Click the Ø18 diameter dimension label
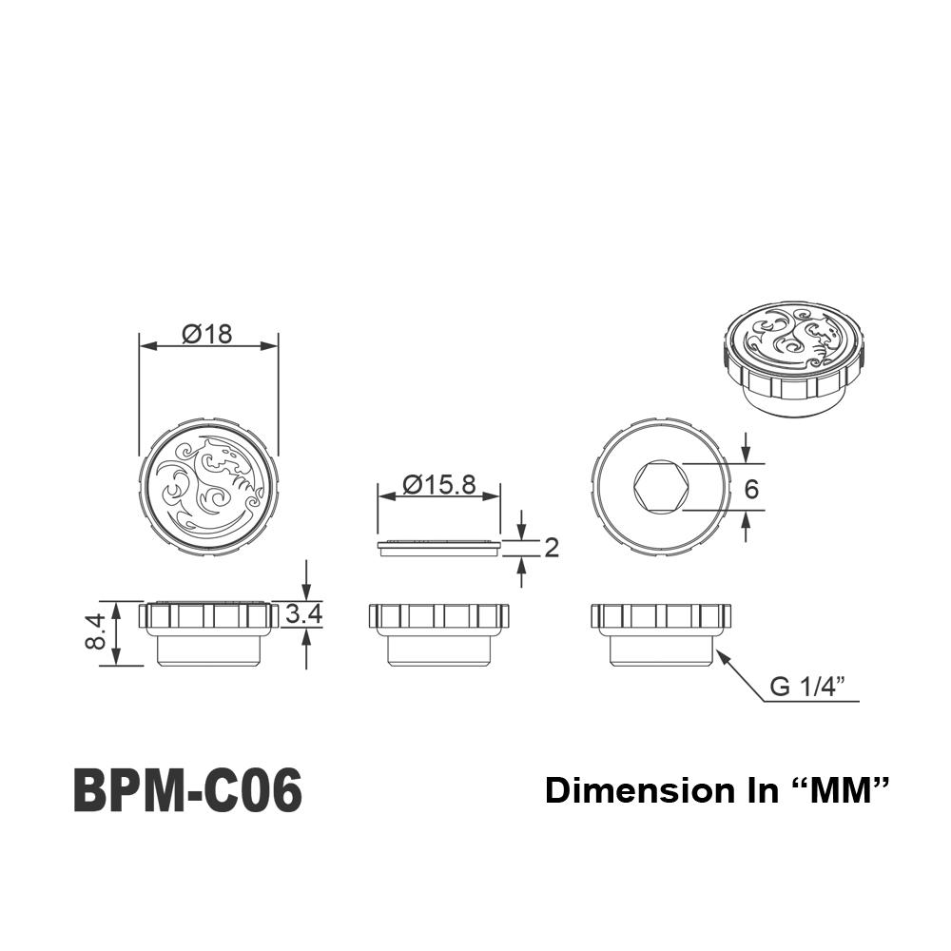[x=206, y=334]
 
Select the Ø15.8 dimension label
[x=439, y=484]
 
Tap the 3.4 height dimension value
[x=303, y=614]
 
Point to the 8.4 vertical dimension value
[x=96, y=631]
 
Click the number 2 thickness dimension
[x=552, y=548]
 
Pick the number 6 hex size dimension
[x=751, y=489]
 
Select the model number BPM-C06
[x=187, y=790]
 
